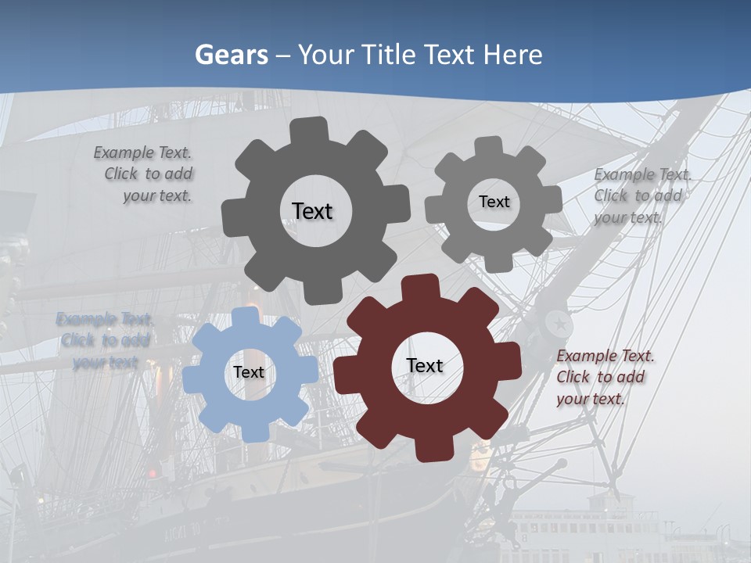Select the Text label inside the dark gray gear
[312, 211]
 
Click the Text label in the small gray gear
[494, 202]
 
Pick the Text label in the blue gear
[248, 372]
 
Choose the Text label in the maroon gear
[425, 365]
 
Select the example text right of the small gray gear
[641, 195]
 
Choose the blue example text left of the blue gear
[105, 340]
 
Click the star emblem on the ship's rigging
[559, 322]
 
